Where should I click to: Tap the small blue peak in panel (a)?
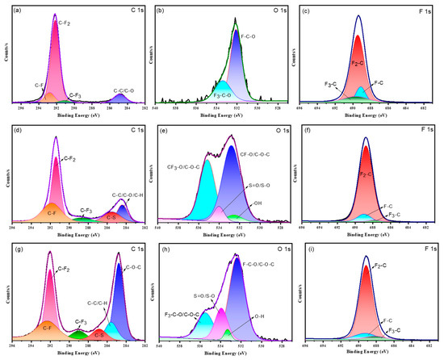coord(119,98)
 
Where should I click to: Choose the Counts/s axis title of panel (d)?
coord(4,173)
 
